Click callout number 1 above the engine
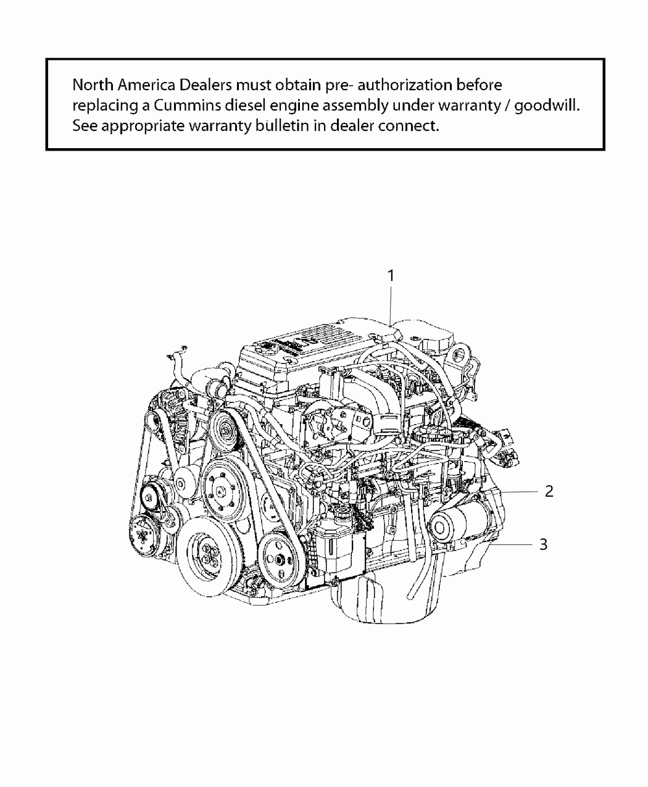(391, 276)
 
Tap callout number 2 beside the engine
(549, 491)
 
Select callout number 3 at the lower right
(543, 544)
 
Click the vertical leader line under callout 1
(391, 306)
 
